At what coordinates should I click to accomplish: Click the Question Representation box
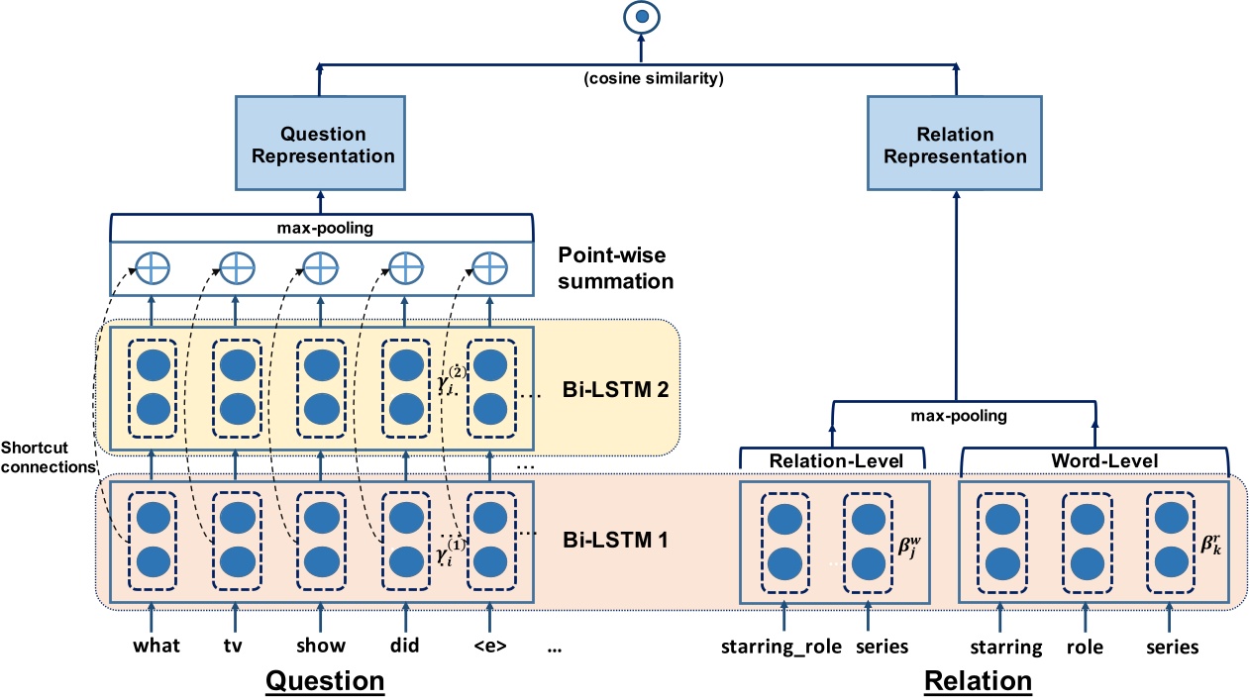pos(323,145)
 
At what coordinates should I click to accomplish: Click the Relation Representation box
pos(955,145)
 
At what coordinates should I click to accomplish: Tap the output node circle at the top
pos(642,17)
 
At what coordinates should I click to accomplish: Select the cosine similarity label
pos(641,77)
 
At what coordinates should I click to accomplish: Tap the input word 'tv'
pos(234,647)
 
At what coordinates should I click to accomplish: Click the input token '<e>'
pos(488,647)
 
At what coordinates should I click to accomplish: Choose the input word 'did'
pos(404,647)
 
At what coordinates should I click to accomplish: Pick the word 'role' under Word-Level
pos(1086,648)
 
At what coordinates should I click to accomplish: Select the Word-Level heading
pos(1094,460)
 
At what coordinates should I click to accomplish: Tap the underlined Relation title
pos(978,681)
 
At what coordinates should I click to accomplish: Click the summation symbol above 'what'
pos(152,266)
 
